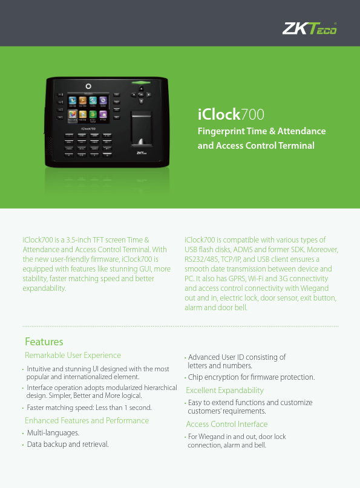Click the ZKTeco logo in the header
310,28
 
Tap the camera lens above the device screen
89,86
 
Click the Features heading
44,342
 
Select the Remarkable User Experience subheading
73,356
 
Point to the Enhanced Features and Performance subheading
87,420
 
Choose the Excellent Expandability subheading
224,390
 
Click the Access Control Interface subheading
226,424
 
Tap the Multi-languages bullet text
53,433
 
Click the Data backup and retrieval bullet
68,444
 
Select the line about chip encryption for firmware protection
251,377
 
